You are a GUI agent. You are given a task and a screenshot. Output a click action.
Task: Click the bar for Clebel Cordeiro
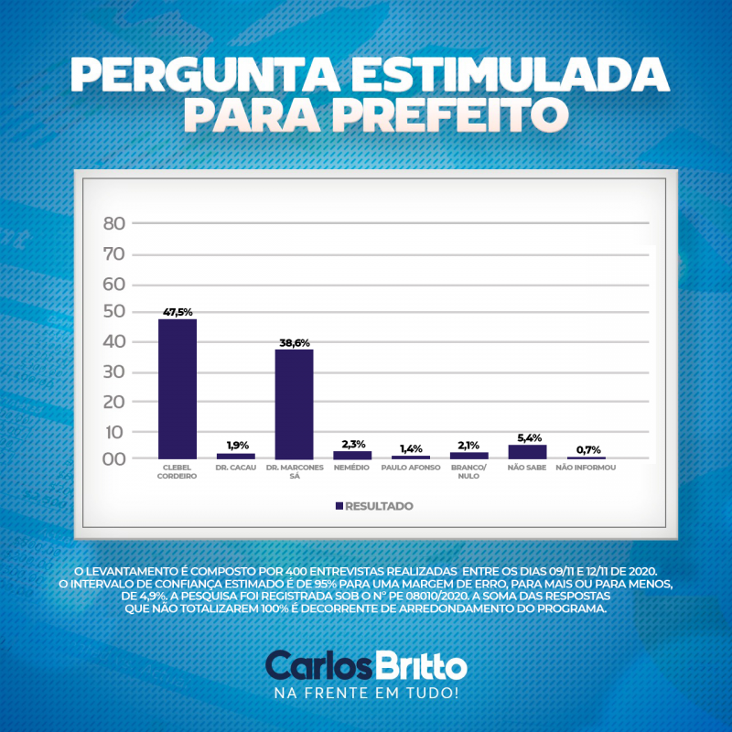coord(178,389)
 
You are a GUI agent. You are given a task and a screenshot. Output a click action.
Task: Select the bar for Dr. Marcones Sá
coord(294,404)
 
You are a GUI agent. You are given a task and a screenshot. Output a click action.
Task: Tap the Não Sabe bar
coord(527,451)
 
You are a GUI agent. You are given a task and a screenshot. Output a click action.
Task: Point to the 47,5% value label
coord(178,312)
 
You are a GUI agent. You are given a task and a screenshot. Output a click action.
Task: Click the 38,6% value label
coord(294,342)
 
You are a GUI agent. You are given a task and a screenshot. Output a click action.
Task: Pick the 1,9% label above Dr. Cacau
coord(235,446)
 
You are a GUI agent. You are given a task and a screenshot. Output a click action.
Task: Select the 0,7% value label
coord(586,449)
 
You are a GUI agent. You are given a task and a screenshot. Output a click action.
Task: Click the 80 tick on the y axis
coord(114,223)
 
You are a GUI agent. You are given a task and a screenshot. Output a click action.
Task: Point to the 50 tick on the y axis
coord(114,313)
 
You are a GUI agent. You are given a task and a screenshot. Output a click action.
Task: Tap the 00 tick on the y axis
coord(114,458)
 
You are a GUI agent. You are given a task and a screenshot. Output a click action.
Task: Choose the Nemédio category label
coord(352,468)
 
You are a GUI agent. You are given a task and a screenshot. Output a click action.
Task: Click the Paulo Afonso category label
coord(411,468)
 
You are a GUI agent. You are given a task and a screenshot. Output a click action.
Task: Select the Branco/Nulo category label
coord(469,471)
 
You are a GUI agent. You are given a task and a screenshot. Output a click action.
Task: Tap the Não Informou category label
coord(586,468)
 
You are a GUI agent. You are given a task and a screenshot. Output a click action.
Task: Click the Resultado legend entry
coord(374,506)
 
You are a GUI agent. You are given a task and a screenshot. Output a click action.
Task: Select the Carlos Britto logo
coord(366,665)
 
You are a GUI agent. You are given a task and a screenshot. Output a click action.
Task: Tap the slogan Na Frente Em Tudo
coord(366,692)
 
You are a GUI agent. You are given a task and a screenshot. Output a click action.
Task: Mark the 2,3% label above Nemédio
coord(352,444)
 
